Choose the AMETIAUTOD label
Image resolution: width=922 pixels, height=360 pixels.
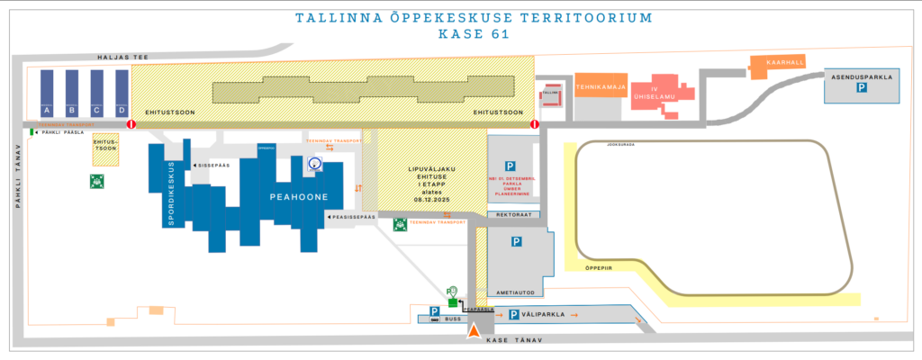tap(511, 292)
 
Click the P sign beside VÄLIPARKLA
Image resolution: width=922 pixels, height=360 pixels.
tap(513, 314)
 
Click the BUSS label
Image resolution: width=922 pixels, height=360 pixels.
tap(453, 319)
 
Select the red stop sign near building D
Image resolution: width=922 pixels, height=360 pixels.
tap(131, 124)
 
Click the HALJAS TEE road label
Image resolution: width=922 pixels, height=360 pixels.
tap(122, 57)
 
